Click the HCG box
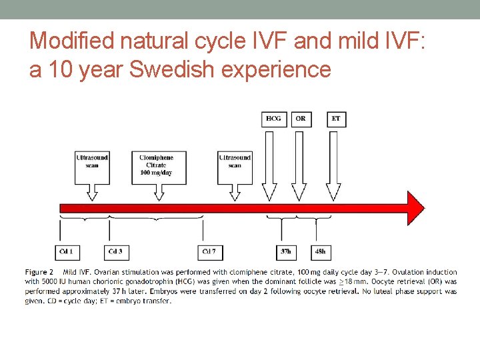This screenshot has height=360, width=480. coord(273,119)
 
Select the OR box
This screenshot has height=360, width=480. coord(301,119)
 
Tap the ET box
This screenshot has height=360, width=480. coord(336,119)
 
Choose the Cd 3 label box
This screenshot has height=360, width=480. coord(115,251)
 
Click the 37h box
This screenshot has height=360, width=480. coord(286,251)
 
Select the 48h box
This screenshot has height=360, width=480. coord(320,251)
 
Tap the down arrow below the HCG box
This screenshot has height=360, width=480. coord(269,167)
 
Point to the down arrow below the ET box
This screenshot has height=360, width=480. coord(333,167)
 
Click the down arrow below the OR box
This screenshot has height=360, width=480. coord(299,167)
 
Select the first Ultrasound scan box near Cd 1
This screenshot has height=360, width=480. coord(92,161)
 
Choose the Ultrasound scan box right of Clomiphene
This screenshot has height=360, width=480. coord(235,161)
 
